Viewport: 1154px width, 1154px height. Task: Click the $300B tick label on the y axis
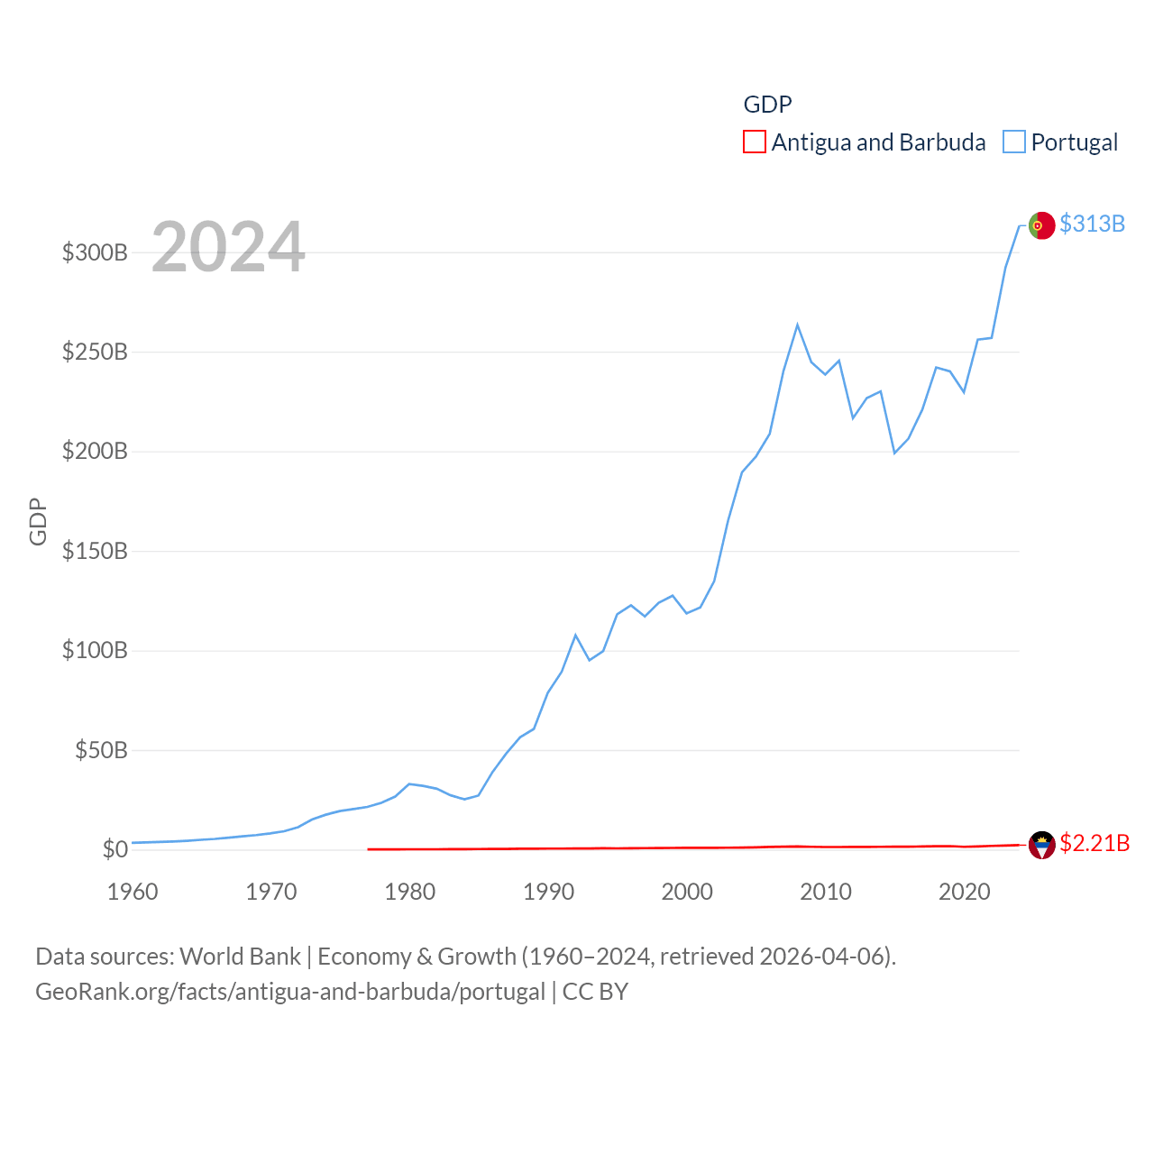[x=95, y=252]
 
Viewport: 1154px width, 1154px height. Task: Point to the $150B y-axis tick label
[x=95, y=551]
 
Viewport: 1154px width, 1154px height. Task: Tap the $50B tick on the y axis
[x=101, y=750]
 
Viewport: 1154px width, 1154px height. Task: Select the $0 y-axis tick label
[x=114, y=849]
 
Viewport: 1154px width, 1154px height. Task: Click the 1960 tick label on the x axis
[x=133, y=892]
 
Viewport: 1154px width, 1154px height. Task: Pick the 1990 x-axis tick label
[x=548, y=892]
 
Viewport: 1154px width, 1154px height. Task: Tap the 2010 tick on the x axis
[x=826, y=892]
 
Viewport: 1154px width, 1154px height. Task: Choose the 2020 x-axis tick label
[x=965, y=892]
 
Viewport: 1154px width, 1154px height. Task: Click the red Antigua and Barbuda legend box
[x=755, y=142]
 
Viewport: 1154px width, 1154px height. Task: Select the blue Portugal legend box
[x=1014, y=142]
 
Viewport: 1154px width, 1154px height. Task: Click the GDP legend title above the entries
[x=767, y=105]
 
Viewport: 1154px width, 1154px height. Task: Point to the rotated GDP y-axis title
[x=38, y=521]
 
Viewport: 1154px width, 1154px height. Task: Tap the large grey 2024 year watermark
[x=228, y=247]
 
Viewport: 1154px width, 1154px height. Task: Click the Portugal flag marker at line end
[x=1041, y=225]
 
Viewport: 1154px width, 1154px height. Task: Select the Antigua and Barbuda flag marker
[x=1041, y=845]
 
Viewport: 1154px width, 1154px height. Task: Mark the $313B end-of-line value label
[x=1092, y=224]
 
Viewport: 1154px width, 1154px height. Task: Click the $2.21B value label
[x=1094, y=843]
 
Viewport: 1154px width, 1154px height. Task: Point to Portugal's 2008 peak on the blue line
[x=798, y=325]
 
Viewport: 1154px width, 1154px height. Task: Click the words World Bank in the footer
[x=241, y=956]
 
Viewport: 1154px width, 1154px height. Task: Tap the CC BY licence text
[x=595, y=992]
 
